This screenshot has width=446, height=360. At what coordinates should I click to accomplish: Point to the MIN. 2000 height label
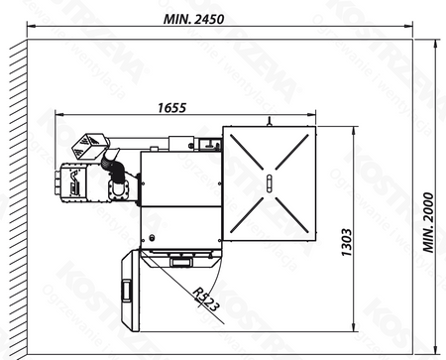[x=427, y=223]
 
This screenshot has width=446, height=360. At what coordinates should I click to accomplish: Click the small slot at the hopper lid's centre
[x=269, y=183]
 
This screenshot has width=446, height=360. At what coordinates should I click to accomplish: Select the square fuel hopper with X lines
[x=269, y=183]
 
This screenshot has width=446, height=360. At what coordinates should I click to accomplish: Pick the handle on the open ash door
[x=126, y=290]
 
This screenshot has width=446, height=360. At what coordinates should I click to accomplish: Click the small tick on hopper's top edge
[x=269, y=122]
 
